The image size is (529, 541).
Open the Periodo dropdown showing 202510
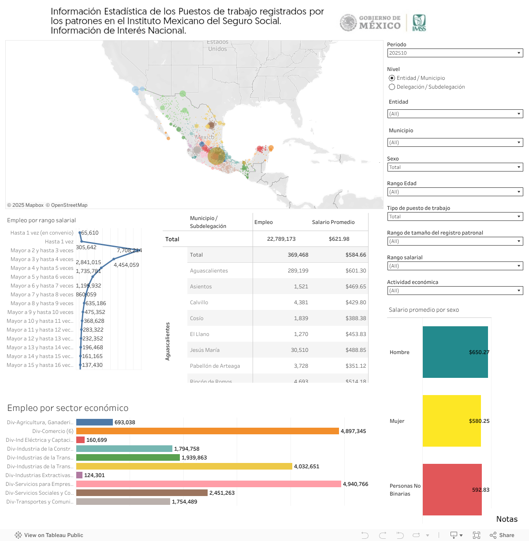coord(454,53)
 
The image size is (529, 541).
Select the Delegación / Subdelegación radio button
coord(392,87)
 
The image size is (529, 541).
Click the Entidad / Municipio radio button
coord(392,78)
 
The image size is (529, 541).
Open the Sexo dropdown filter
coord(454,167)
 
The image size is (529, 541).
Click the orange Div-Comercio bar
coord(207,431)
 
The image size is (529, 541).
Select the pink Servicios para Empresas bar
coord(209,484)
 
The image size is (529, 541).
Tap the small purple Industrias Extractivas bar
coord(79,475)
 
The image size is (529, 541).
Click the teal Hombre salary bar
coord(455,352)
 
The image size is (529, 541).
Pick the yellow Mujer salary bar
coord(451,421)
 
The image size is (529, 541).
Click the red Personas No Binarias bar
coord(452,489)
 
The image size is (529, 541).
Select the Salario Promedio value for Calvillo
coord(355,302)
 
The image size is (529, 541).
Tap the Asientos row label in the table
coord(201,287)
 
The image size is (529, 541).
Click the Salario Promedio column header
coord(333,222)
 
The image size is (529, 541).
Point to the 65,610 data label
coord(90,233)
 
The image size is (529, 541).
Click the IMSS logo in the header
coord(419,22)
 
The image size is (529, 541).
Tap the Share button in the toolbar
coord(502,535)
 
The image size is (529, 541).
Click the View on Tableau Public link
coord(49,535)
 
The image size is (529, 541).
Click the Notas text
coord(507,519)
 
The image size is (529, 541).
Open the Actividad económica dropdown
coord(454,291)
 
